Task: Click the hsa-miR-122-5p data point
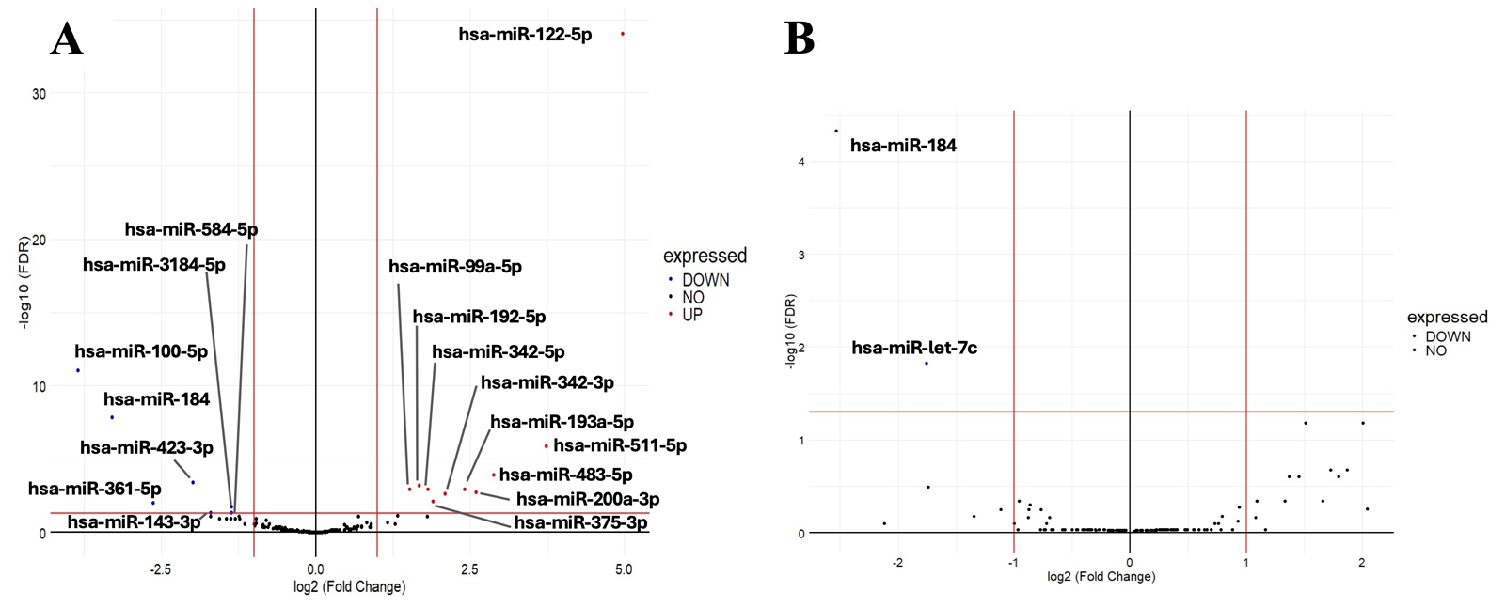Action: (623, 34)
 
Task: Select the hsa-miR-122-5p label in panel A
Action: (525, 35)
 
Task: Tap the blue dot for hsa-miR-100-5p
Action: (78, 370)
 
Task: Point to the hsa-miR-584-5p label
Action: (191, 229)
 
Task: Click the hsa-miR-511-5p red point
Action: (546, 446)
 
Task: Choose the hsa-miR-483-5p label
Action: (565, 475)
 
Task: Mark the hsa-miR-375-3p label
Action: (580, 522)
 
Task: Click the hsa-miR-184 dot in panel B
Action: (836, 132)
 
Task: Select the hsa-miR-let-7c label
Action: (914, 348)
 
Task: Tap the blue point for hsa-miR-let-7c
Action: (927, 363)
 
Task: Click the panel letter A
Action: (67, 39)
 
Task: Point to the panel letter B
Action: (800, 39)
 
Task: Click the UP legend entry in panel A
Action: (691, 315)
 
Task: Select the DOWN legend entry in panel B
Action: (1448, 336)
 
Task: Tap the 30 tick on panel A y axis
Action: (39, 94)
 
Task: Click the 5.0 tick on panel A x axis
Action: (624, 569)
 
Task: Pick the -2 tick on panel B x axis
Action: (897, 563)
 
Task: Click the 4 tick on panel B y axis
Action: (801, 163)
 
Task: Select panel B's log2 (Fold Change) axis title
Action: (1101, 576)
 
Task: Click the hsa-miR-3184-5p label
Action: (154, 265)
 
